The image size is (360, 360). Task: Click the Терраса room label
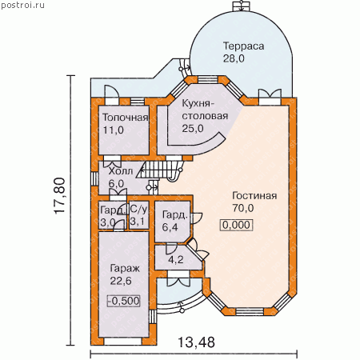pos(243,46)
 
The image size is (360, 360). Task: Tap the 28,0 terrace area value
pos(234,58)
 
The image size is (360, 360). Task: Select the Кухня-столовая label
pos(205,110)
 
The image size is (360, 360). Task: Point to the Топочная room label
pos(126,118)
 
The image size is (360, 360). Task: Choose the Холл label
pos(121,171)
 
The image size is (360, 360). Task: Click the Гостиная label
pos(254,195)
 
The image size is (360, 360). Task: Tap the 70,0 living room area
pos(243,208)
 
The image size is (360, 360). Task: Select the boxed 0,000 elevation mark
pos(236,225)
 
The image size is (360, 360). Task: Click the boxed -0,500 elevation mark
pos(124,301)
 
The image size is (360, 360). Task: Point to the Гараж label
pos(125,269)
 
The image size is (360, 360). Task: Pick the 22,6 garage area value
pos(121,281)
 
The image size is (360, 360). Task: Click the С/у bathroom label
pos(138,210)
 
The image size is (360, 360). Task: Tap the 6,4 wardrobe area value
pos(170,227)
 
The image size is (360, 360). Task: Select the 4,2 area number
pos(176,259)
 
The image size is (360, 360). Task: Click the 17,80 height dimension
pos(59,195)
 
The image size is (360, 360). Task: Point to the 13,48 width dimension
pos(196,342)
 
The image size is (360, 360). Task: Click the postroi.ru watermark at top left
pos(22,5)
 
